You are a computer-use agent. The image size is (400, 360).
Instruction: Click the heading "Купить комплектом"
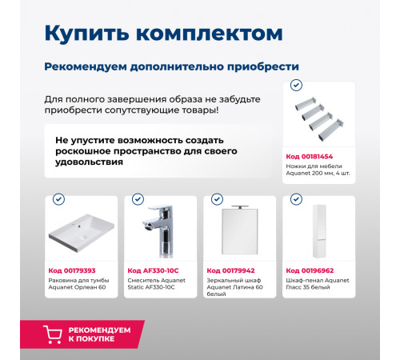point(163,33)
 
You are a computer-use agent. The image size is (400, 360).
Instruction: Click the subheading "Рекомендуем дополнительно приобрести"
point(171,66)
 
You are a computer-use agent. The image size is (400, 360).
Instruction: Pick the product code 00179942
point(231,270)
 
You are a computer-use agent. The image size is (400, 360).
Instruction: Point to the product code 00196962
point(310,270)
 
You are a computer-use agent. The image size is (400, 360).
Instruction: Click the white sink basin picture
point(81,234)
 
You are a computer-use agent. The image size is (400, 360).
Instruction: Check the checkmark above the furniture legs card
point(295,85)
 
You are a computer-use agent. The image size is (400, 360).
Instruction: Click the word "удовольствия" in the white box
point(89,162)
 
